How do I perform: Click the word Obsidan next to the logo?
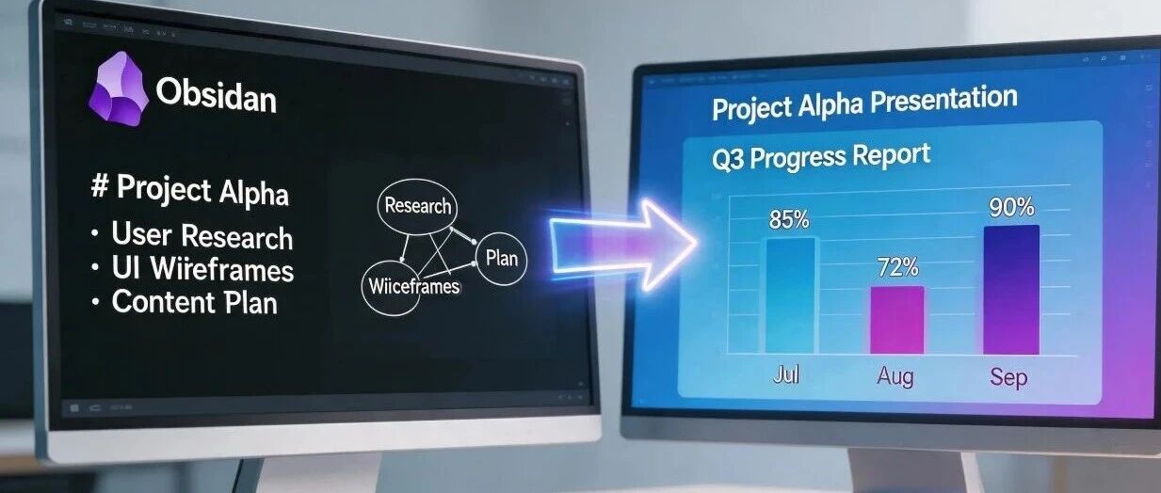point(217,96)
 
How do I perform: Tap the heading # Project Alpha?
point(189,191)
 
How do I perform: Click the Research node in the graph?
point(417,206)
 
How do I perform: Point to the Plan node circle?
point(501,259)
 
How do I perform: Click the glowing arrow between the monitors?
point(622,245)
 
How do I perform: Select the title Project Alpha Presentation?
point(864,103)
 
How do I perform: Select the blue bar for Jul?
point(790,295)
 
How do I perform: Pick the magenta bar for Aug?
point(897,320)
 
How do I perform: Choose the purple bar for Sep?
point(1011,290)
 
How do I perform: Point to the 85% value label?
point(789,219)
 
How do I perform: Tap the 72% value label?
point(898,267)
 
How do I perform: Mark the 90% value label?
point(1011,208)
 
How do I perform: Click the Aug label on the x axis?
point(895,376)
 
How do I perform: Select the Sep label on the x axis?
point(1008,377)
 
